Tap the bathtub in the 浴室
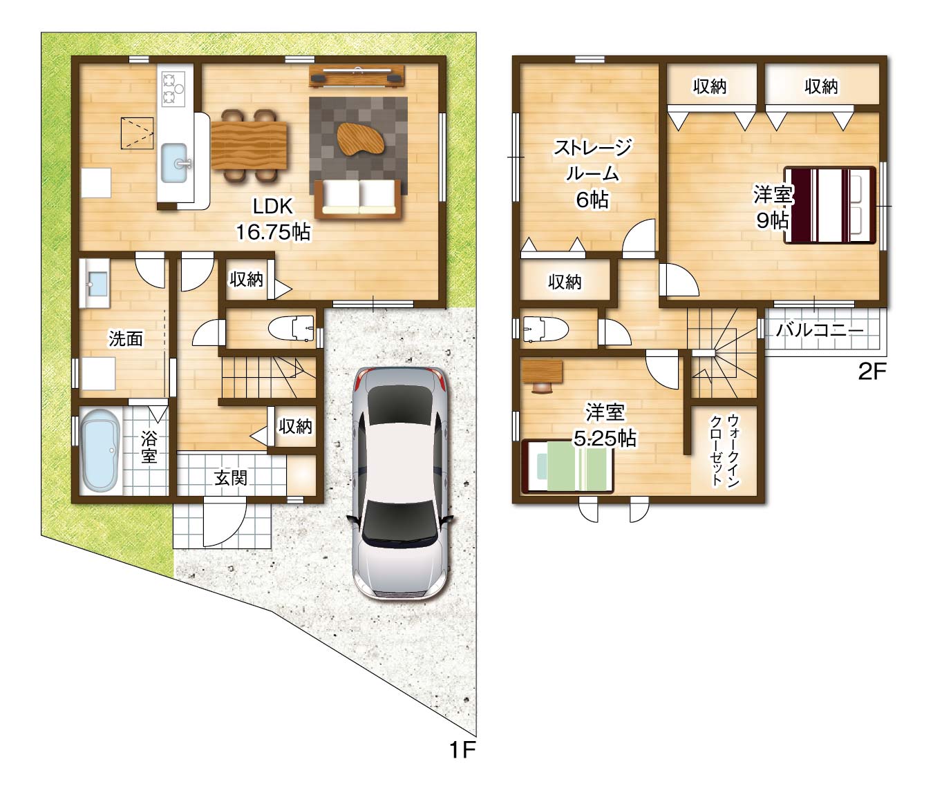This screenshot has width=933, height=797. (100, 450)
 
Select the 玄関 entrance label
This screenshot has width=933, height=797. (231, 477)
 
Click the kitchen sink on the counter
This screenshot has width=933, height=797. (174, 163)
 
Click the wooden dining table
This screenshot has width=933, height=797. (249, 145)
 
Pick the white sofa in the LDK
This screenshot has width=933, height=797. (359, 199)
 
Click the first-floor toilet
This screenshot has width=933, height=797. (291, 328)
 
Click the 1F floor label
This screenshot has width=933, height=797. (462, 750)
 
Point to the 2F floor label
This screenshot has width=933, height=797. (872, 372)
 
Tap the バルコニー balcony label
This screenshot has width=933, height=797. (819, 331)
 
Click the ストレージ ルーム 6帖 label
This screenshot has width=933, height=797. (592, 173)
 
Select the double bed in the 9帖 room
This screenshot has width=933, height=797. (830, 205)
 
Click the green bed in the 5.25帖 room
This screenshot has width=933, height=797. (567, 466)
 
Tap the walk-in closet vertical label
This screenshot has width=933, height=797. (725, 450)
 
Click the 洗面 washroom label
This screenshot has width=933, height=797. (126, 338)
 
